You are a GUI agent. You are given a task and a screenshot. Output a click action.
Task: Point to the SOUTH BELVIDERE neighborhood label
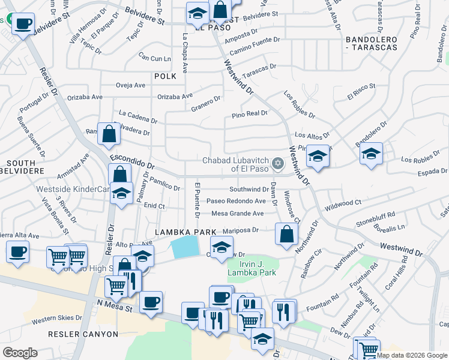(x=26, y=167)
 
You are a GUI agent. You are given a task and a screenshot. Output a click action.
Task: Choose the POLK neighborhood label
(x=165, y=76)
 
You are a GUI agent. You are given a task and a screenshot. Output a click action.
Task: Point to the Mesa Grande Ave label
(x=238, y=213)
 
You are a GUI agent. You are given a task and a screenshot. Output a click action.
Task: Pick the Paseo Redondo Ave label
(x=236, y=201)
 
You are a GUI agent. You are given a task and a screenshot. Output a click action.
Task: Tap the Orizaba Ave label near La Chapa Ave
(x=175, y=96)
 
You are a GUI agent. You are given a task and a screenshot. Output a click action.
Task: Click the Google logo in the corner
(x=20, y=353)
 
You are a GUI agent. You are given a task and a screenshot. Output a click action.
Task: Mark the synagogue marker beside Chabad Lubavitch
(x=277, y=163)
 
